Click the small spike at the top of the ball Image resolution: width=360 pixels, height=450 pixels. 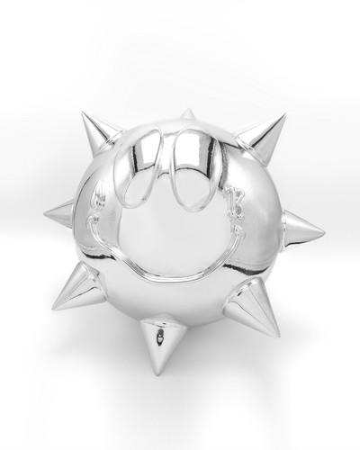point(187,115)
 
